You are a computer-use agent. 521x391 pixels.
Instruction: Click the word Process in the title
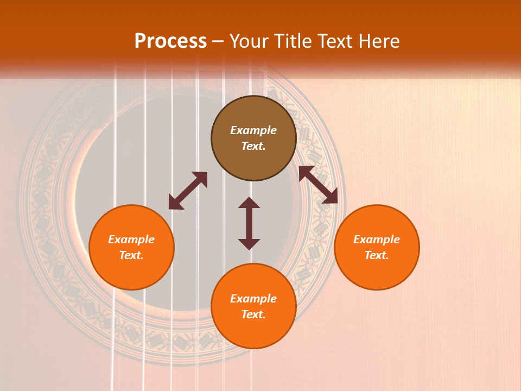coord(170,41)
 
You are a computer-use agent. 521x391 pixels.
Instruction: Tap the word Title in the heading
coord(295,41)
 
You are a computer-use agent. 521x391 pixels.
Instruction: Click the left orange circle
coord(131,272)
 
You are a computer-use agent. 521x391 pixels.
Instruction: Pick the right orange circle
coord(377,272)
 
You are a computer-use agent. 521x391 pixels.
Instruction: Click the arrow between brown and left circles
coord(188,191)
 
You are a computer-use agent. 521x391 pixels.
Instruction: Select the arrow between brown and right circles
coord(318,185)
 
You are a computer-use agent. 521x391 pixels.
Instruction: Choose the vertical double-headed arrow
coord(249,223)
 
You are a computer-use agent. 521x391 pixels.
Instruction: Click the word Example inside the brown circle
coord(253,130)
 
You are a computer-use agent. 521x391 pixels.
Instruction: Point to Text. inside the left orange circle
coord(131,255)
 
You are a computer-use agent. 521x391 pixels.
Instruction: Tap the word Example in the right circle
coord(377,239)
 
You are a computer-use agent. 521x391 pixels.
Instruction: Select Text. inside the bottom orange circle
coord(253,314)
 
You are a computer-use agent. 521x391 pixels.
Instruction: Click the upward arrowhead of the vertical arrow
coord(249,203)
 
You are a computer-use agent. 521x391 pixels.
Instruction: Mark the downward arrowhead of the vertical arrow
coord(249,244)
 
